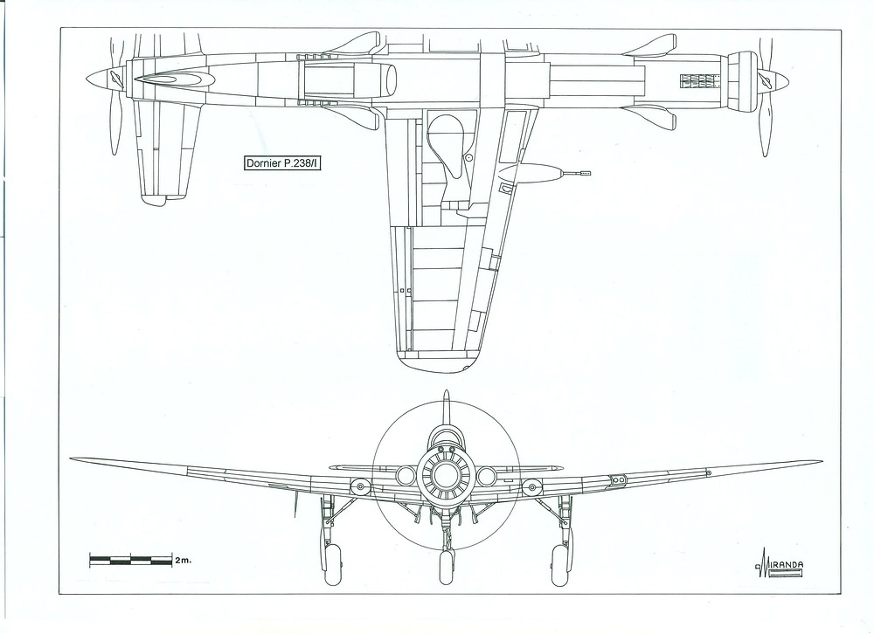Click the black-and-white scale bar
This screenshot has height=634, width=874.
point(130,558)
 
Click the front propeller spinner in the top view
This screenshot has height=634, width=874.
point(773,80)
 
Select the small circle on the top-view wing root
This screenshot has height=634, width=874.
point(468,157)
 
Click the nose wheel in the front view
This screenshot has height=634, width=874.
point(447,569)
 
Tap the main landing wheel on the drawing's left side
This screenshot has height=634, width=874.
point(331,569)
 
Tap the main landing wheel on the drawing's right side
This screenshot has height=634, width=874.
point(559,569)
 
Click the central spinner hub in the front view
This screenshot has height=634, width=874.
point(447,476)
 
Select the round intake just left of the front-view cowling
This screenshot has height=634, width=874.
point(406,476)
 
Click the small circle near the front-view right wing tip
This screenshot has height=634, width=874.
point(708,472)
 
